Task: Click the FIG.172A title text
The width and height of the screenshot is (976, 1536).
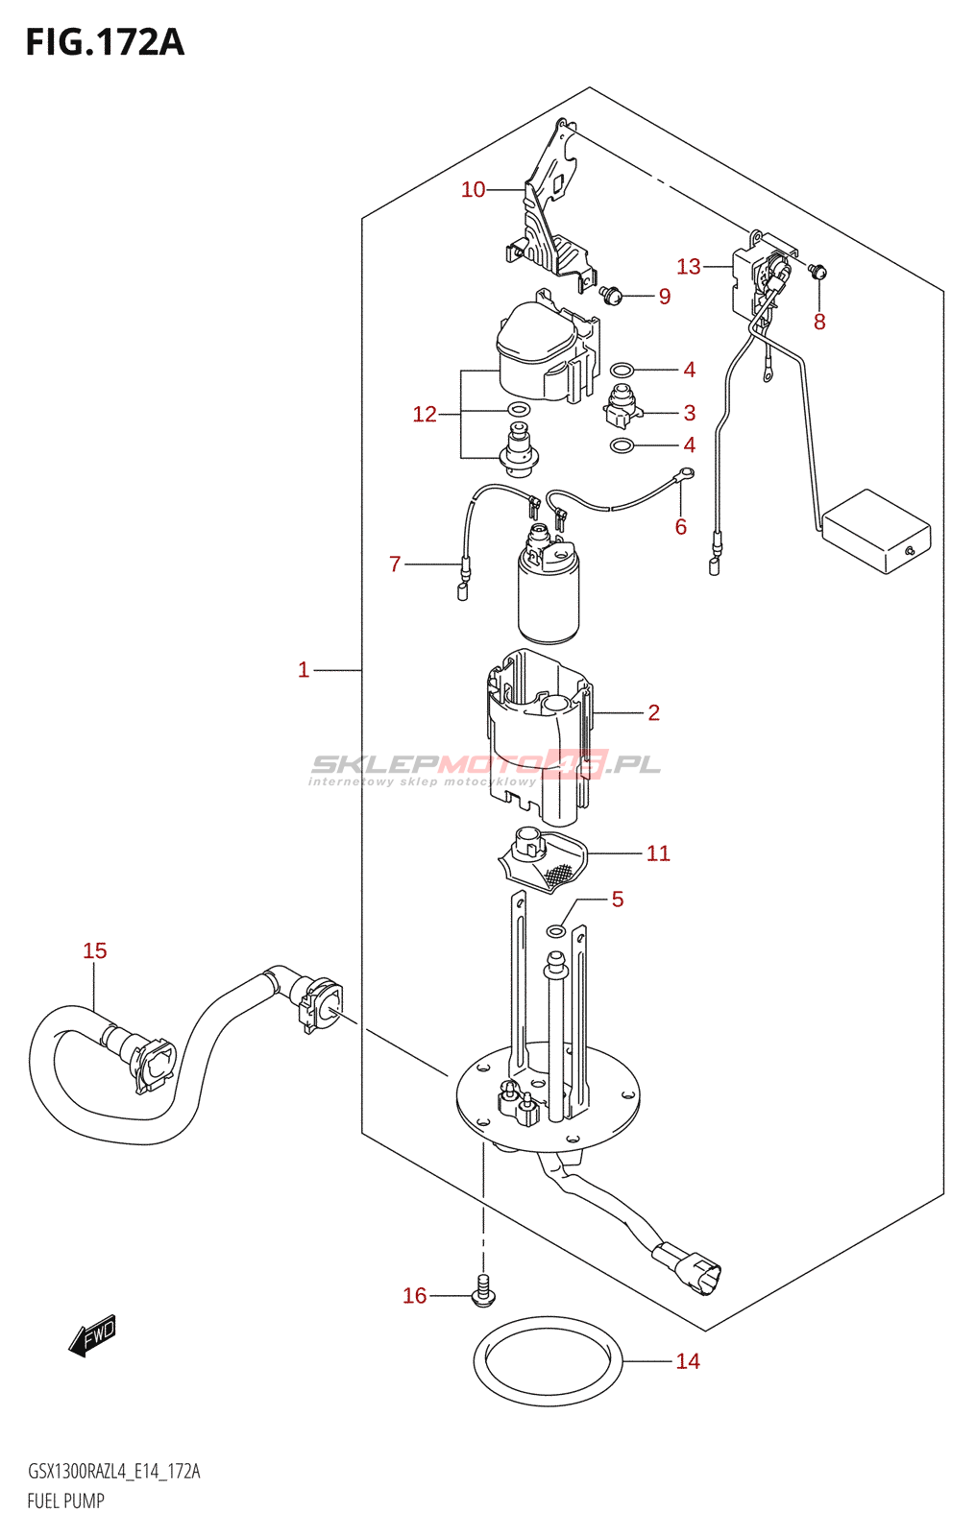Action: [105, 42]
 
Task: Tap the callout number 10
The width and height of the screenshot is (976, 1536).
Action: [473, 189]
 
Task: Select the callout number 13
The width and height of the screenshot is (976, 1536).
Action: [689, 266]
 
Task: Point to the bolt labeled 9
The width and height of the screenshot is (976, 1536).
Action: [610, 295]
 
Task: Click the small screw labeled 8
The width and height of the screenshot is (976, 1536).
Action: [817, 272]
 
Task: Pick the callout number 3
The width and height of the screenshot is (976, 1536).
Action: [690, 413]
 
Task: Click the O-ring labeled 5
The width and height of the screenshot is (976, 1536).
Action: [556, 930]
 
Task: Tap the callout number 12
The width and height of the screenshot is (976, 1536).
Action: [425, 414]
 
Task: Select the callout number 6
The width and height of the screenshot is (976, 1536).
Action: [680, 527]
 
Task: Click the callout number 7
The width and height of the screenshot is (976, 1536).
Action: [395, 564]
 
